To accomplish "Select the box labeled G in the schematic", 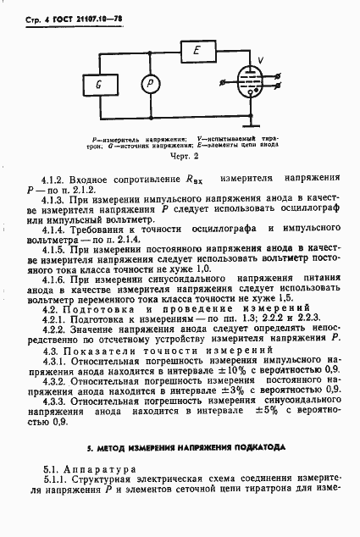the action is [x=99, y=84].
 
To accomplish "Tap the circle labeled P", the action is [x=150, y=84].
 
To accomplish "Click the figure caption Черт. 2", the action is [x=183, y=156].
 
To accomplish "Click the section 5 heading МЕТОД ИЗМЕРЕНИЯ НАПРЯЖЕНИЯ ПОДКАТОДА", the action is [x=180, y=422].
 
